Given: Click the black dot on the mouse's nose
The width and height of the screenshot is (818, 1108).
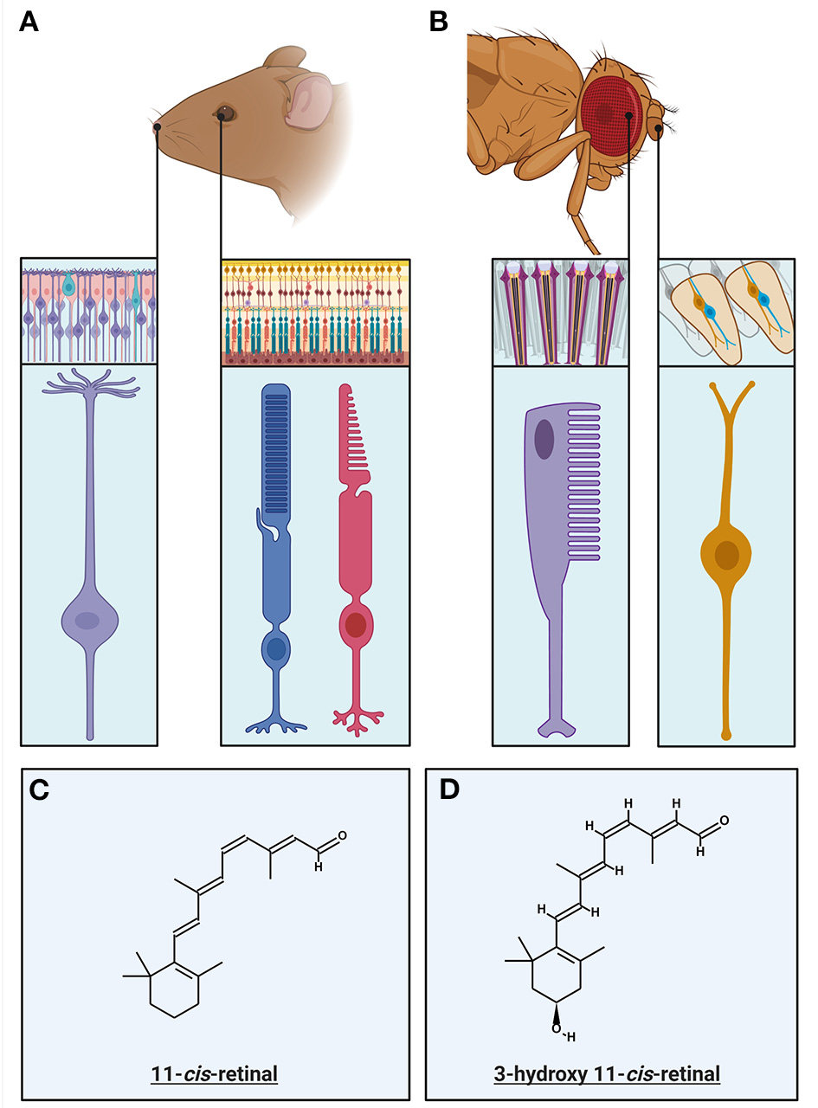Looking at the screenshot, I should click(158, 129).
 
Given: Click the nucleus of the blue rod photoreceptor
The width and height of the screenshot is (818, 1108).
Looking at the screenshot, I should click(276, 648).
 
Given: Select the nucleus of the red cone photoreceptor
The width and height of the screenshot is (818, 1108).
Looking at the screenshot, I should click(355, 624).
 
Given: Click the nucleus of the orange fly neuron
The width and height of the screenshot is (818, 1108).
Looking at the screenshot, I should click(725, 554).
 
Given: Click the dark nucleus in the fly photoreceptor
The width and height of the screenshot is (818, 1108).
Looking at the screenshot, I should click(544, 440).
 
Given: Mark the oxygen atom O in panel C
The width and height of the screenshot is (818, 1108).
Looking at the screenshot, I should click(343, 835).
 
